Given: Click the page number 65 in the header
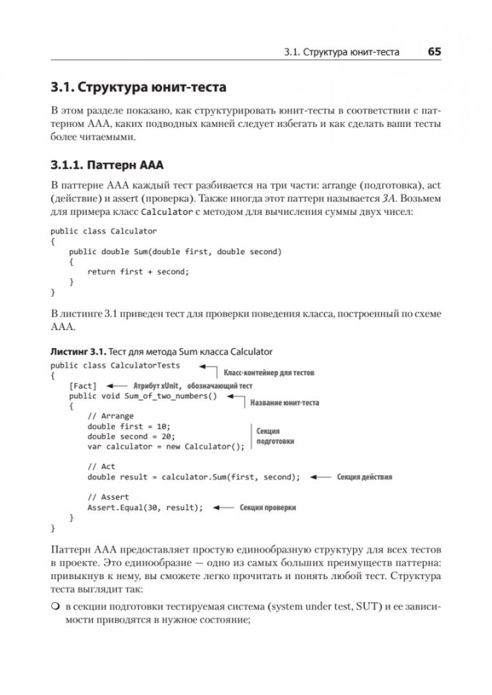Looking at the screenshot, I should pyautogui.click(x=434, y=51).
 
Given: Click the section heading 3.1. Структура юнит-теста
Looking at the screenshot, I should pyautogui.click(x=138, y=87).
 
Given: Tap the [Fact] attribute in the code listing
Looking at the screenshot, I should pyautogui.click(x=82, y=385).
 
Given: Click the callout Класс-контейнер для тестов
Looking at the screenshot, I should pyautogui.click(x=269, y=373).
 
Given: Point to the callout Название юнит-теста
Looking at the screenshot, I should pyautogui.click(x=284, y=403).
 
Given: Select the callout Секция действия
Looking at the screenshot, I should pyautogui.click(x=364, y=477).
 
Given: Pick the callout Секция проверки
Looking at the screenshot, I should pyautogui.click(x=267, y=507).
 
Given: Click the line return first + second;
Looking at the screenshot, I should pyautogui.click(x=138, y=272).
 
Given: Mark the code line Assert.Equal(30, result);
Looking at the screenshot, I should pyautogui.click(x=145, y=507).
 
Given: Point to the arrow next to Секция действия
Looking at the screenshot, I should pyautogui.click(x=319, y=477).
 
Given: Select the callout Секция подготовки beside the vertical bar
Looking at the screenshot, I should pyautogui.click(x=275, y=436).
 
